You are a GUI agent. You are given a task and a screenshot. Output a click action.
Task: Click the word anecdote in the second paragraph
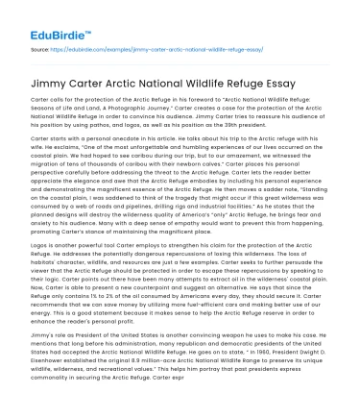(121, 149)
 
